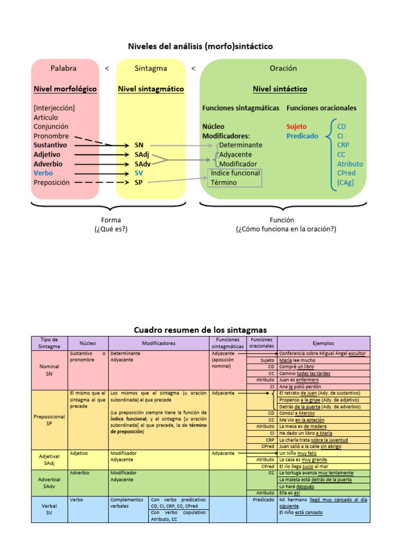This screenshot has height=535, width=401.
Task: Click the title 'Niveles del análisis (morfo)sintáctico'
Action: (x=200, y=46)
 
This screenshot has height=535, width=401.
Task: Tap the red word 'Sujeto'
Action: (x=296, y=126)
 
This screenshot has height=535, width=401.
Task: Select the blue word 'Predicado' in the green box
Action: (x=302, y=136)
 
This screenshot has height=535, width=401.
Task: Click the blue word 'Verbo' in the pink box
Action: (x=43, y=173)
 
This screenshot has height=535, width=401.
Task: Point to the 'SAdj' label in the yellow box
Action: (x=142, y=155)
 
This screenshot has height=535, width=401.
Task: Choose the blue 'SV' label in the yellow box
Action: (x=138, y=173)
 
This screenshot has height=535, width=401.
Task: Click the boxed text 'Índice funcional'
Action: (x=235, y=173)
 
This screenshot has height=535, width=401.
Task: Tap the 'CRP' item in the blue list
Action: (x=343, y=145)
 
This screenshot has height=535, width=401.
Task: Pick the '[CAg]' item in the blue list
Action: (x=345, y=182)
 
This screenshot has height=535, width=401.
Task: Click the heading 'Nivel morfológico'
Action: (x=65, y=89)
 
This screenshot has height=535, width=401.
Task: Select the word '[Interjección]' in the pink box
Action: (x=54, y=108)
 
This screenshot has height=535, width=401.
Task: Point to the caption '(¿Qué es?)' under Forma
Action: (x=111, y=229)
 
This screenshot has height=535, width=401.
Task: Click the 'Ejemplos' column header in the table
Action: (x=323, y=343)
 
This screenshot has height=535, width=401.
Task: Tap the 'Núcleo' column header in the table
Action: (x=88, y=343)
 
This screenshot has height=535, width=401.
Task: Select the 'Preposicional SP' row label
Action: (x=50, y=420)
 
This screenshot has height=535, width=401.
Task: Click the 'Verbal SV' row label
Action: (x=50, y=509)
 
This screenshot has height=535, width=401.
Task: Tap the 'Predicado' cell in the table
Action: (x=264, y=499)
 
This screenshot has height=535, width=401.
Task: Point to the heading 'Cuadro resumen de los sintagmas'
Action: (x=200, y=330)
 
